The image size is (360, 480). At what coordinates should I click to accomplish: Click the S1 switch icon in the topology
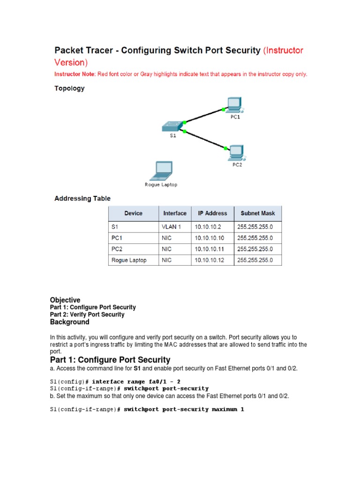point(172,126)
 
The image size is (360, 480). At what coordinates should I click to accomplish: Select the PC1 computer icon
point(233,105)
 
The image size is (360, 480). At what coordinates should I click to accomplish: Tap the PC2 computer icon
point(235,151)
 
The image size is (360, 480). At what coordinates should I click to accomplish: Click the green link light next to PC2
point(225,148)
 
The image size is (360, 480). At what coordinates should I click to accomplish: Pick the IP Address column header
point(212,213)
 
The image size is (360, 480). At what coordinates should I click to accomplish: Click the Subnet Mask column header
point(258,213)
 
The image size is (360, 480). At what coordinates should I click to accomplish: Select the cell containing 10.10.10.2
point(207,227)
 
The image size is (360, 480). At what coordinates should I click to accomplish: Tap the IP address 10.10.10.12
point(209,260)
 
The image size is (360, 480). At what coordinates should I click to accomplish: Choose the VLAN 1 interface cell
point(172,227)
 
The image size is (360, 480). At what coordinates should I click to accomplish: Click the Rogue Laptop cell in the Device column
point(129,260)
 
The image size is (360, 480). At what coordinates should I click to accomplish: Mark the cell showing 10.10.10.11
point(209,249)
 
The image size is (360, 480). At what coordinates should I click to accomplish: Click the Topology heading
point(69,88)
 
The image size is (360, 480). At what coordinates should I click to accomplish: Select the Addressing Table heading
point(82,198)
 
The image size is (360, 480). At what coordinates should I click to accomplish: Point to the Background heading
point(69,322)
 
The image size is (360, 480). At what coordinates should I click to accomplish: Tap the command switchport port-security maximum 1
point(184,409)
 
